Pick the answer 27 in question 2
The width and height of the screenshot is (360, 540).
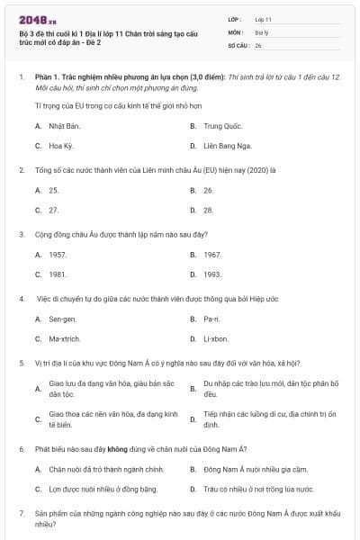[x=54, y=210]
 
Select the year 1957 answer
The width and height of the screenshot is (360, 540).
[x=58, y=255]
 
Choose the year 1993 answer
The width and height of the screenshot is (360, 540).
[x=212, y=274]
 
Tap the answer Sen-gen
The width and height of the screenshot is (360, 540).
[x=62, y=319]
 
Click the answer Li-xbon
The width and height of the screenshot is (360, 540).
[x=217, y=338]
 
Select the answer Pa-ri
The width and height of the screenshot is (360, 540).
[x=211, y=319]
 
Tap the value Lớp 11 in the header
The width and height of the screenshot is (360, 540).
[x=264, y=19]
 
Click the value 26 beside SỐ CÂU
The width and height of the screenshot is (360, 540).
[x=259, y=45]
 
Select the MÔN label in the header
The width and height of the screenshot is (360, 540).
[x=236, y=31]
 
